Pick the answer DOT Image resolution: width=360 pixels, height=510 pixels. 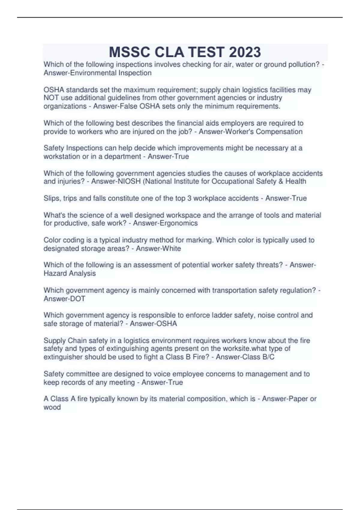77,299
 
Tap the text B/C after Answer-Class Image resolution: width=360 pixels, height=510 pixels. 268,357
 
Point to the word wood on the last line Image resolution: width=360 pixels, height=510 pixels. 52,407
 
